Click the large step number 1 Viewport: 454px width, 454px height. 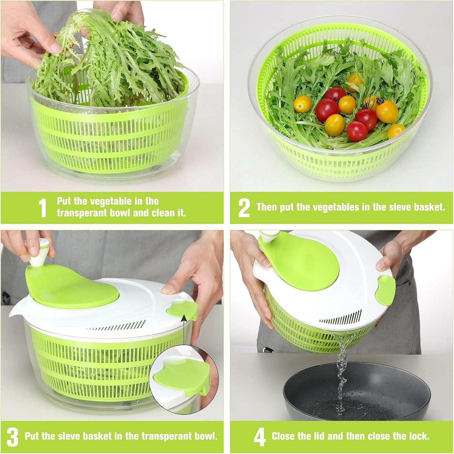click(42, 208)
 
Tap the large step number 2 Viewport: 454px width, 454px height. click(244, 208)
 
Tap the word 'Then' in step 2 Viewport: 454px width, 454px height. click(266, 207)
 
